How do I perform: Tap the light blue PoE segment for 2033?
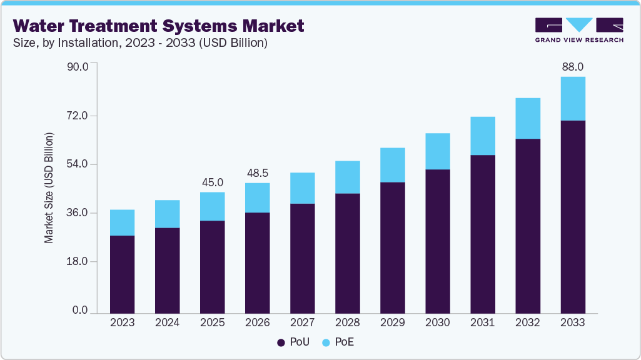coord(572,99)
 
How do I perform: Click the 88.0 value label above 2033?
coord(572,67)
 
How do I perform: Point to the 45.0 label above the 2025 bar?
coord(212,182)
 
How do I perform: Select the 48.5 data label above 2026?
coord(257,173)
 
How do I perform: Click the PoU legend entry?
coord(290,342)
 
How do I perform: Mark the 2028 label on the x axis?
coord(347,322)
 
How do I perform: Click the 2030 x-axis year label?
coord(437,322)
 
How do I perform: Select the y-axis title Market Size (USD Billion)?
coord(49,188)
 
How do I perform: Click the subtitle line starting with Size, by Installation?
coord(141,43)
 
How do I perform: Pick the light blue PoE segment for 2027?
coord(302,188)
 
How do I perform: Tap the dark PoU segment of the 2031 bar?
coord(482,234)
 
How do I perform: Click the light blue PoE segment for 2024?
coord(167,214)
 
